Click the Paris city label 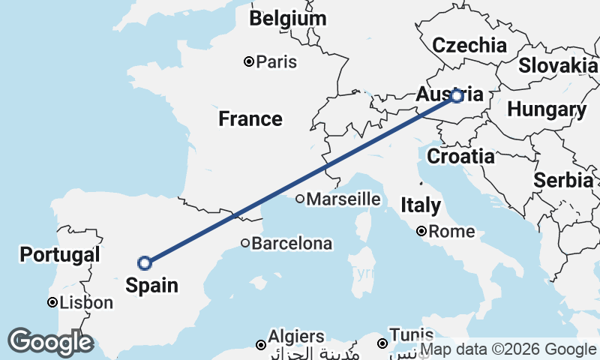click(x=276, y=62)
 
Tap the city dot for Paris click(x=249, y=62)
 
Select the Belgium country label click(x=289, y=19)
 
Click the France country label click(x=250, y=118)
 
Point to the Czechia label click(x=469, y=44)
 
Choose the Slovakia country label click(x=558, y=65)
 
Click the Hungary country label click(x=547, y=109)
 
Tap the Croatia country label click(x=460, y=156)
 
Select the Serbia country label click(x=563, y=180)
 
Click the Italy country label click(x=420, y=204)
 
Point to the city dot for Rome click(x=422, y=232)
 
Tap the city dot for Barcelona click(x=245, y=243)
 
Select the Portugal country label click(x=60, y=254)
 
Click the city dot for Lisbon click(x=52, y=303)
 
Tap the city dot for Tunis click(x=382, y=343)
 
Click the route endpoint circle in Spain click(x=145, y=262)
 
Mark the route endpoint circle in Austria click(x=456, y=96)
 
